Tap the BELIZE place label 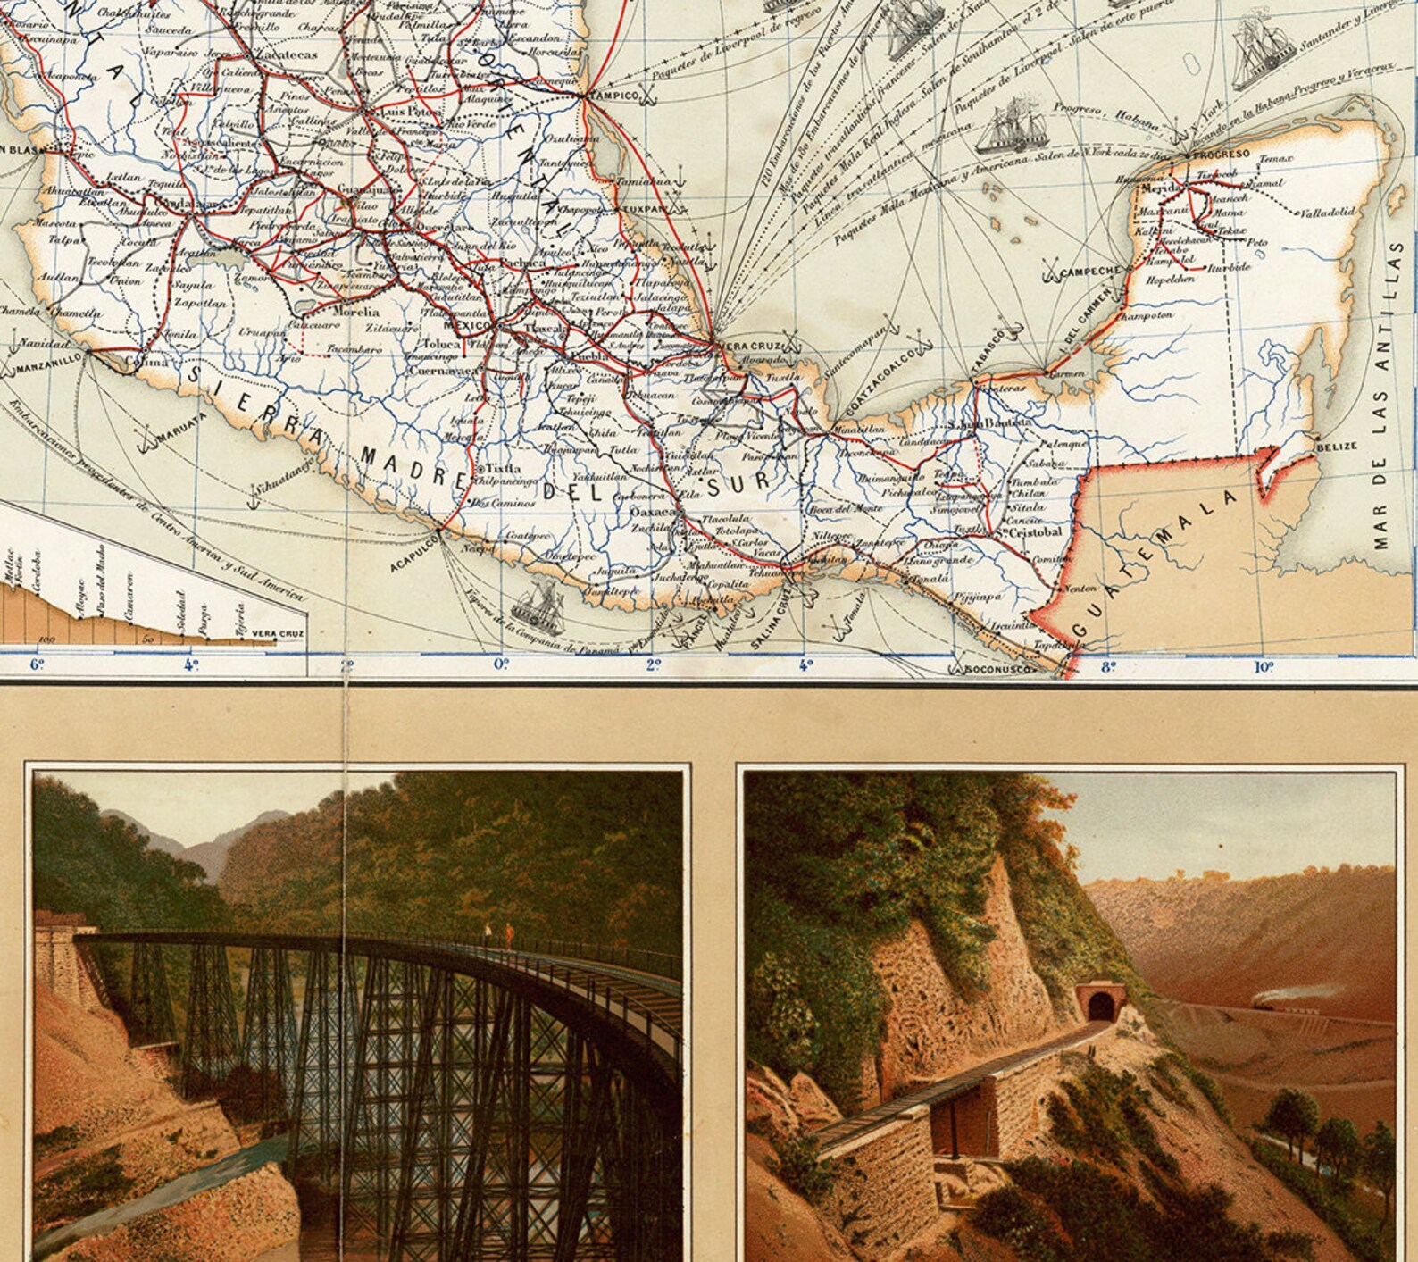(x=1337, y=446)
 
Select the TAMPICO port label (x=617, y=96)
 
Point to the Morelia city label (x=355, y=313)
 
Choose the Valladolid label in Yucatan (x=1328, y=213)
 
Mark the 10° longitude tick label (x=1263, y=666)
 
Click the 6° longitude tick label (x=37, y=664)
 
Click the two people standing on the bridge (x=498, y=936)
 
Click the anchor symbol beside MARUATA (x=139, y=439)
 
